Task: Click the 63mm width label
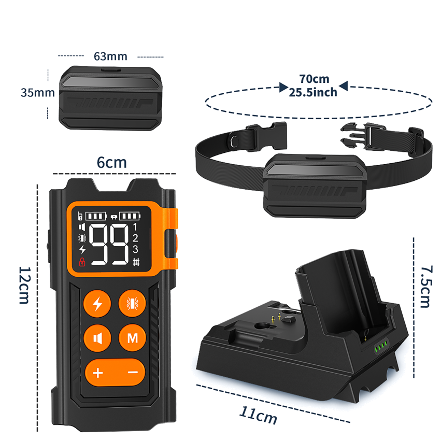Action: coord(110,56)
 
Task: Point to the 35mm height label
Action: coord(38,93)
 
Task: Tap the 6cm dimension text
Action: coord(111,162)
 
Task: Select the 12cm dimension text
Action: coord(24,285)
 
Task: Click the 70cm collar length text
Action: coord(314,79)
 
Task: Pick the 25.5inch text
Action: coord(313,92)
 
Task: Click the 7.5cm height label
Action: coord(426,287)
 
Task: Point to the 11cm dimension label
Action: coord(258,415)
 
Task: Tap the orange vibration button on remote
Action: coord(132,303)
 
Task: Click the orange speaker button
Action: coord(97,338)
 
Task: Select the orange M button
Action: coord(132,338)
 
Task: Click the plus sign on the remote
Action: coord(98,373)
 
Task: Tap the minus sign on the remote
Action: coord(133,373)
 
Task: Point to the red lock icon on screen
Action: coord(82,262)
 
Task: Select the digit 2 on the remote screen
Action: coord(135,238)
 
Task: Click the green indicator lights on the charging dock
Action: coord(381,346)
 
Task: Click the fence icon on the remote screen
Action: coord(136,262)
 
